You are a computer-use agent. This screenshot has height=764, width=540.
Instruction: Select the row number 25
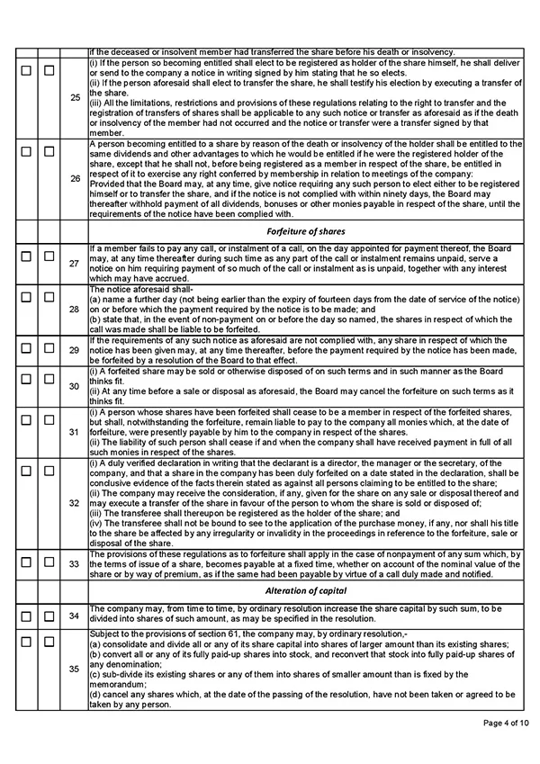pos(75,98)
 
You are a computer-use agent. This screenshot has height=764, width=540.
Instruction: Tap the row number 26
pos(75,179)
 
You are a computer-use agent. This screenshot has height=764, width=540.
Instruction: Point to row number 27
pos(75,264)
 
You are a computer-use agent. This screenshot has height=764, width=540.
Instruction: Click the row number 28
pos(75,309)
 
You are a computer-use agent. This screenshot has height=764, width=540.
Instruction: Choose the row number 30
pos(75,386)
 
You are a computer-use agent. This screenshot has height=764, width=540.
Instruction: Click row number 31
pos(75,431)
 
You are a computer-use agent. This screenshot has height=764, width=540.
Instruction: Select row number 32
pos(75,502)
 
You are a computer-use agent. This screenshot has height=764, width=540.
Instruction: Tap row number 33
pos(75,563)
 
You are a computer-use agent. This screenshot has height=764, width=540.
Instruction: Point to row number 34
pos(75,616)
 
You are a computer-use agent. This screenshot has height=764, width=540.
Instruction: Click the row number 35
pos(75,670)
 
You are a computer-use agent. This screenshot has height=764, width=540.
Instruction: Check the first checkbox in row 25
pos(26,69)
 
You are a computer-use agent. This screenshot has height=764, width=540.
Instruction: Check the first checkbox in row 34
pos(26,616)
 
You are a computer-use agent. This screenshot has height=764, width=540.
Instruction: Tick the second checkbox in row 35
pos(49,642)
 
